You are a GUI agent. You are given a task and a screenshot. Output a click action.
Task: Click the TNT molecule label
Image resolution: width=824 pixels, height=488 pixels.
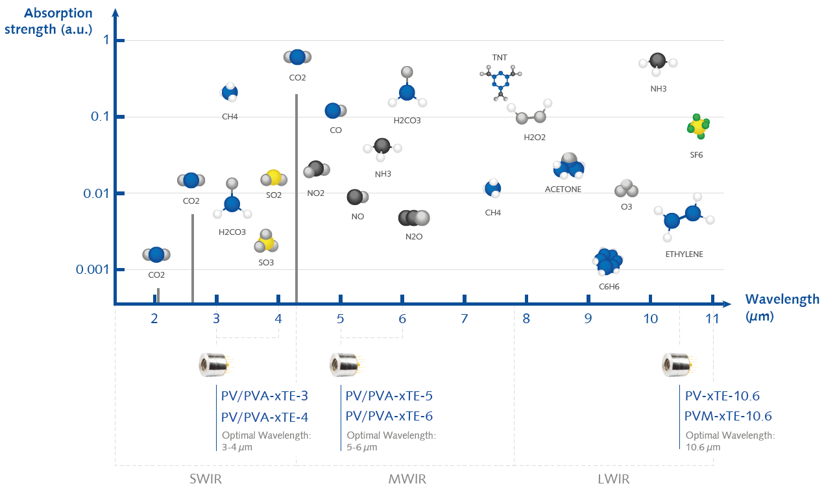[500, 58]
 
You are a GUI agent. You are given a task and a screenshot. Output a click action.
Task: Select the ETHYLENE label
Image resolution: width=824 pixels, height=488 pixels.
[684, 254]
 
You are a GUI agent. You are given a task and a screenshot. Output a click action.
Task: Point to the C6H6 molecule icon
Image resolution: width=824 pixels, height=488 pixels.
[607, 262]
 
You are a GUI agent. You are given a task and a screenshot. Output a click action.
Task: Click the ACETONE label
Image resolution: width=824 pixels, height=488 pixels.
[563, 189]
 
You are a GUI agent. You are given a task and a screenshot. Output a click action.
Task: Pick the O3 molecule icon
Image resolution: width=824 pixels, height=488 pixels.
[626, 189]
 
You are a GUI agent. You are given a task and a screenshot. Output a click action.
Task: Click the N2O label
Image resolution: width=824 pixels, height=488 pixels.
[413, 237]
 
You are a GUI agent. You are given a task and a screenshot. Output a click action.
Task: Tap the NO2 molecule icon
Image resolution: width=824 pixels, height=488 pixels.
[317, 170]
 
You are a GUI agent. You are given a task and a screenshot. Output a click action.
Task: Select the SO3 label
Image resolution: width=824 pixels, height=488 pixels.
[266, 263]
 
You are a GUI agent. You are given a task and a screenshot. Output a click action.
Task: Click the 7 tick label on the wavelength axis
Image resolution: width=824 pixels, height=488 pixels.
[464, 319]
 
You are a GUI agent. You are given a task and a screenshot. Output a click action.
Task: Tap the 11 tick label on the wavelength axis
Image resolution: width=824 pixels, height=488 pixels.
[712, 319]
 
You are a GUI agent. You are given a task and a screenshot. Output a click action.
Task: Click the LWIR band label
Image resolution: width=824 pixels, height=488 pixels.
[612, 480]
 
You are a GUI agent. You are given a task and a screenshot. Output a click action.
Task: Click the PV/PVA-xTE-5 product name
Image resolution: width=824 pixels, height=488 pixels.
[389, 396]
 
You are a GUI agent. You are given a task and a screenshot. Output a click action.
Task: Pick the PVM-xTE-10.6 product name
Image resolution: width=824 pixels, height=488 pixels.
[728, 416]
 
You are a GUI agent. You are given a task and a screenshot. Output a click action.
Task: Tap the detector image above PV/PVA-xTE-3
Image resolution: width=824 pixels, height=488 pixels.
[213, 365]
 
